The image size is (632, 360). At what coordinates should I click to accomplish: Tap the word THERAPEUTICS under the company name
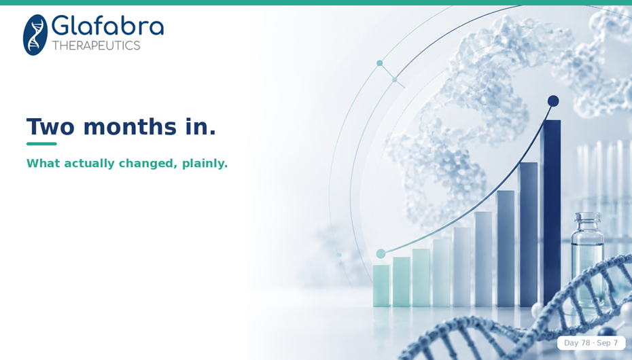[96, 46]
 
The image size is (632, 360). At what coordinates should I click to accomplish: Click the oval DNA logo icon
[35, 35]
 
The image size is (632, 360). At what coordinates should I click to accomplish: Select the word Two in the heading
[50, 127]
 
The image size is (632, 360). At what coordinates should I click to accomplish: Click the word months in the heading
[130, 127]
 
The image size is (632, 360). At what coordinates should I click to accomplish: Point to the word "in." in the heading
[200, 126]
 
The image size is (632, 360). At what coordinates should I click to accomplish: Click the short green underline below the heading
[41, 144]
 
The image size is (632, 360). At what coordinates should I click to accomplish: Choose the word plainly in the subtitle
[205, 164]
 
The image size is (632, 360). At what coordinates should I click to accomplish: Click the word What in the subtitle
[43, 163]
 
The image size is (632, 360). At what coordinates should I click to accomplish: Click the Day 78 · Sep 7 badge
[591, 343]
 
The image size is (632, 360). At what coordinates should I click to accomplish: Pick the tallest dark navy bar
[550, 212]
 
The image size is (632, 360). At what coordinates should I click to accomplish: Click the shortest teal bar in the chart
[381, 285]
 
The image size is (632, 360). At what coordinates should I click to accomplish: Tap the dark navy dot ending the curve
[553, 101]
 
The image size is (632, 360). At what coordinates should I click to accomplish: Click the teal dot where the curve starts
[381, 253]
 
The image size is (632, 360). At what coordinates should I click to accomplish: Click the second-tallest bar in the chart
[527, 234]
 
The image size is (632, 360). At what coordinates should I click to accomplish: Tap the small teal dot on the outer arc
[379, 63]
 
